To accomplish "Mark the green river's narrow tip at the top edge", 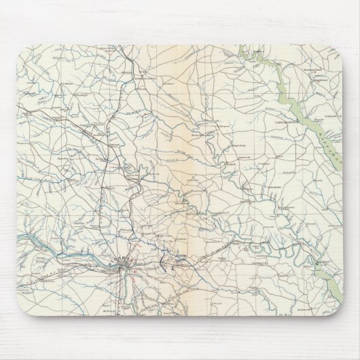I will (x=243, y=46).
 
